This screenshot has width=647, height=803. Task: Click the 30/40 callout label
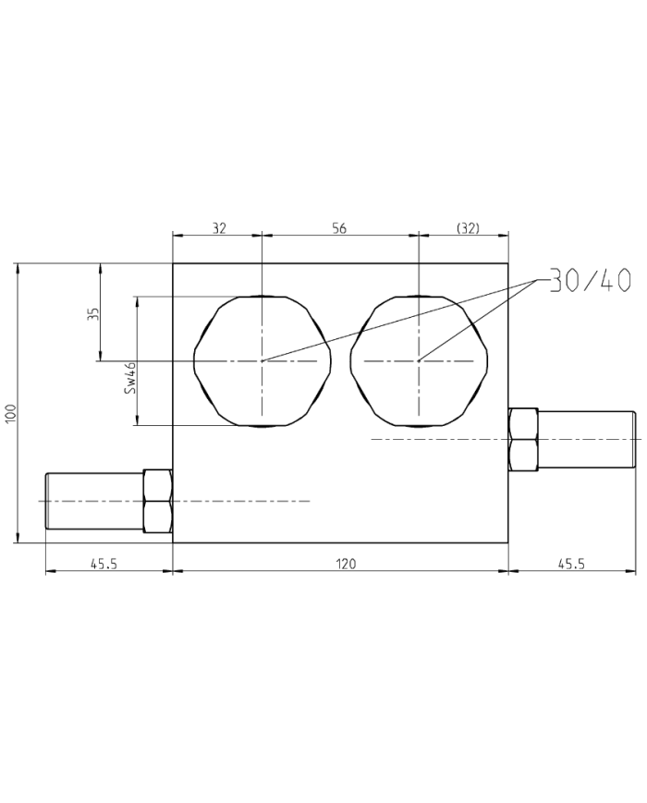point(591,281)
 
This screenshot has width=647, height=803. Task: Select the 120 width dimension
point(346,564)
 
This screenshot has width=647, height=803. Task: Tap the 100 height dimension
point(10,413)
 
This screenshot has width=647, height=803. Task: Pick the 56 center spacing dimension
point(339,228)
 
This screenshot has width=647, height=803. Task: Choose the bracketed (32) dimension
point(467,228)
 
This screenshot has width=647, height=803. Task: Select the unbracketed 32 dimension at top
point(219,228)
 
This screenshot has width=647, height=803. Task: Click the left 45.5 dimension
point(104,564)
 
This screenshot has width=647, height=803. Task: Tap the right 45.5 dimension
point(570,564)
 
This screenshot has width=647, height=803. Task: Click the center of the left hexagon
point(262,360)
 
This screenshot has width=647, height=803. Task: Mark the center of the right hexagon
point(420,360)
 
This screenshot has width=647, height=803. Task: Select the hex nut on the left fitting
point(157,501)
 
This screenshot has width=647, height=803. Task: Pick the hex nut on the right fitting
point(524,439)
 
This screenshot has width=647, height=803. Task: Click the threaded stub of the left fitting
point(94,501)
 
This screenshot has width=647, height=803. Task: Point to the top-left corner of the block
point(174,264)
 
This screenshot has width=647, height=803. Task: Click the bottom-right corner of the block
point(508,543)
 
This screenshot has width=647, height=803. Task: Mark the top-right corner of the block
point(508,264)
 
